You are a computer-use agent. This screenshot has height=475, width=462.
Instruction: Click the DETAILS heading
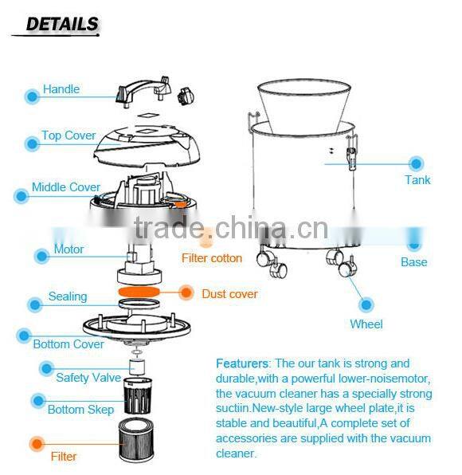click(x=62, y=24)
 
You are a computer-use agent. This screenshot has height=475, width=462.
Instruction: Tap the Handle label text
click(x=61, y=89)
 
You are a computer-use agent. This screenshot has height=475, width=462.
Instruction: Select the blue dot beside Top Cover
click(x=32, y=143)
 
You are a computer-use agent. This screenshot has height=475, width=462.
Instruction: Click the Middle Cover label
click(x=65, y=187)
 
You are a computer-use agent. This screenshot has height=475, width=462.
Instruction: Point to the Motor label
click(x=69, y=249)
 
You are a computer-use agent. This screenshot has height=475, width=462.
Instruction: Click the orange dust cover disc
click(x=139, y=292)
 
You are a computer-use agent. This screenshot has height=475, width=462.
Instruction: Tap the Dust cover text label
click(x=229, y=294)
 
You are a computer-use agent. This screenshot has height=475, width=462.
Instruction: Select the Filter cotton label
click(x=212, y=258)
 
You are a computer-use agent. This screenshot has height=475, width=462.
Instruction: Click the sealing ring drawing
click(x=139, y=303)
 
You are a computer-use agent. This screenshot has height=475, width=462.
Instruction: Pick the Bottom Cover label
click(x=69, y=344)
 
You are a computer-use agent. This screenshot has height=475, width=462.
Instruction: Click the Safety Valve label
click(x=88, y=378)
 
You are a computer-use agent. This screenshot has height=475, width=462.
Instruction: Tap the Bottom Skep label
click(x=80, y=410)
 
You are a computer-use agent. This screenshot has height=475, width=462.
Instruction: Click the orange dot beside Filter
click(x=37, y=444)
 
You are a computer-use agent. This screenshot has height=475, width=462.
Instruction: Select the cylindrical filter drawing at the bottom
click(x=136, y=440)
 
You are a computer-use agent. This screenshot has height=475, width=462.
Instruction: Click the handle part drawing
click(x=143, y=91)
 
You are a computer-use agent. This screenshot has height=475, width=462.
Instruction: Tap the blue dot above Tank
click(x=417, y=163)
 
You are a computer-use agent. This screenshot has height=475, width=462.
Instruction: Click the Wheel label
click(x=366, y=324)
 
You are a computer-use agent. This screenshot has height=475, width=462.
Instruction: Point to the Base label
click(x=414, y=262)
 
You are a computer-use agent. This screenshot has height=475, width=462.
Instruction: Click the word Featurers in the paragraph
click(x=242, y=363)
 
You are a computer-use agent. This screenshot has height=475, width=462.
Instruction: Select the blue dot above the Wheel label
click(x=366, y=304)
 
